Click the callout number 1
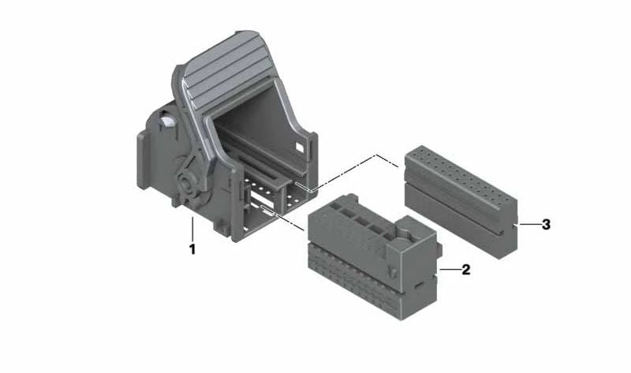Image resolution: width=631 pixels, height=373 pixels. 192,249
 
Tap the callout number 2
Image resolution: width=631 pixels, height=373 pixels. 465,270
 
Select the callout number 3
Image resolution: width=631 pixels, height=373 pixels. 546,225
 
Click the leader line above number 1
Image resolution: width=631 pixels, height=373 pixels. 192,229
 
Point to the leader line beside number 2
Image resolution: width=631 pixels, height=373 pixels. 449,270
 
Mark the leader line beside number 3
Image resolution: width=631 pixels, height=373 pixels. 528,224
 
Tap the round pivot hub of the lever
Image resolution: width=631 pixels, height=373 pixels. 189,186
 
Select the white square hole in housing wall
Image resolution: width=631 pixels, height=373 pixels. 301,147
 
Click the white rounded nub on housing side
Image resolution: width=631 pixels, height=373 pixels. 167,121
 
